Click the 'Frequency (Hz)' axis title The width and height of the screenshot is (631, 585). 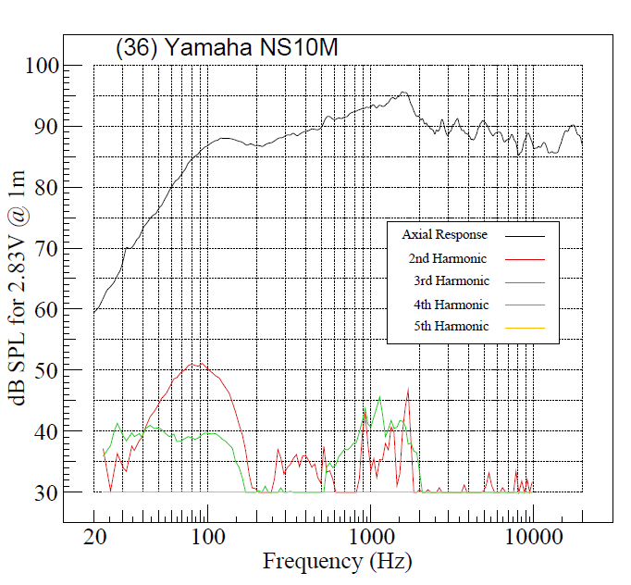coord(337,561)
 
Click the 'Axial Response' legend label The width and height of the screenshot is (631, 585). coord(444,235)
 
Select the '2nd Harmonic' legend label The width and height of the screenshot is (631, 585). coord(447,258)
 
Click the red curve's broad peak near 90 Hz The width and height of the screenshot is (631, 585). coord(195,364)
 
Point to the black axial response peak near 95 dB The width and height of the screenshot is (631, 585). coord(403,93)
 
